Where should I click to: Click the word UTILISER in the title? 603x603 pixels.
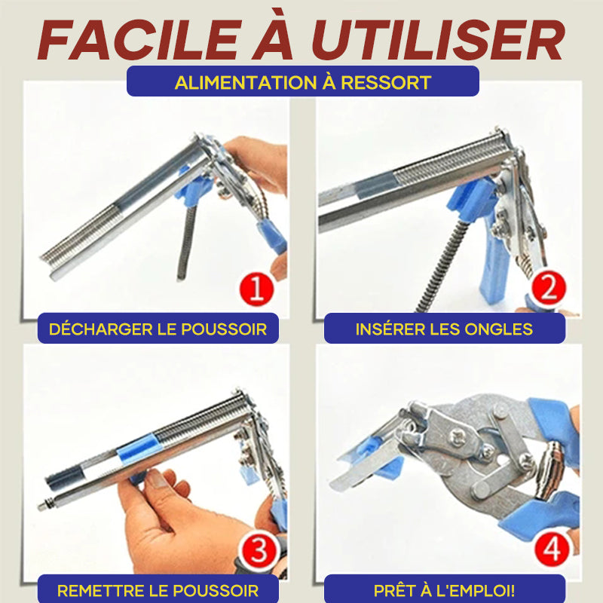[x=439, y=40]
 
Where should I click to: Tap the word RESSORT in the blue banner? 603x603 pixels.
[x=386, y=83]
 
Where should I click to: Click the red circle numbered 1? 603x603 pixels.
[x=257, y=289]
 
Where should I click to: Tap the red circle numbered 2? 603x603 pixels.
[x=549, y=287]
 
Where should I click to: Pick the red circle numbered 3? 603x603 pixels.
[x=258, y=551]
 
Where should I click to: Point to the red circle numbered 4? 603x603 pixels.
[x=552, y=550]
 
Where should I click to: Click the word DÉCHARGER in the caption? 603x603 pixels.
[x=96, y=329]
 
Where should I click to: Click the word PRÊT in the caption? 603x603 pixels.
[x=393, y=590]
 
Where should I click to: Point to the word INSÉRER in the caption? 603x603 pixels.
[x=389, y=329]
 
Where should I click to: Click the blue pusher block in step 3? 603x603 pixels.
[x=138, y=447]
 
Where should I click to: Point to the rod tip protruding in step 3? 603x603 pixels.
[x=41, y=506]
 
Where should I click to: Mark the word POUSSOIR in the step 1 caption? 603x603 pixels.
[x=223, y=329]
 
